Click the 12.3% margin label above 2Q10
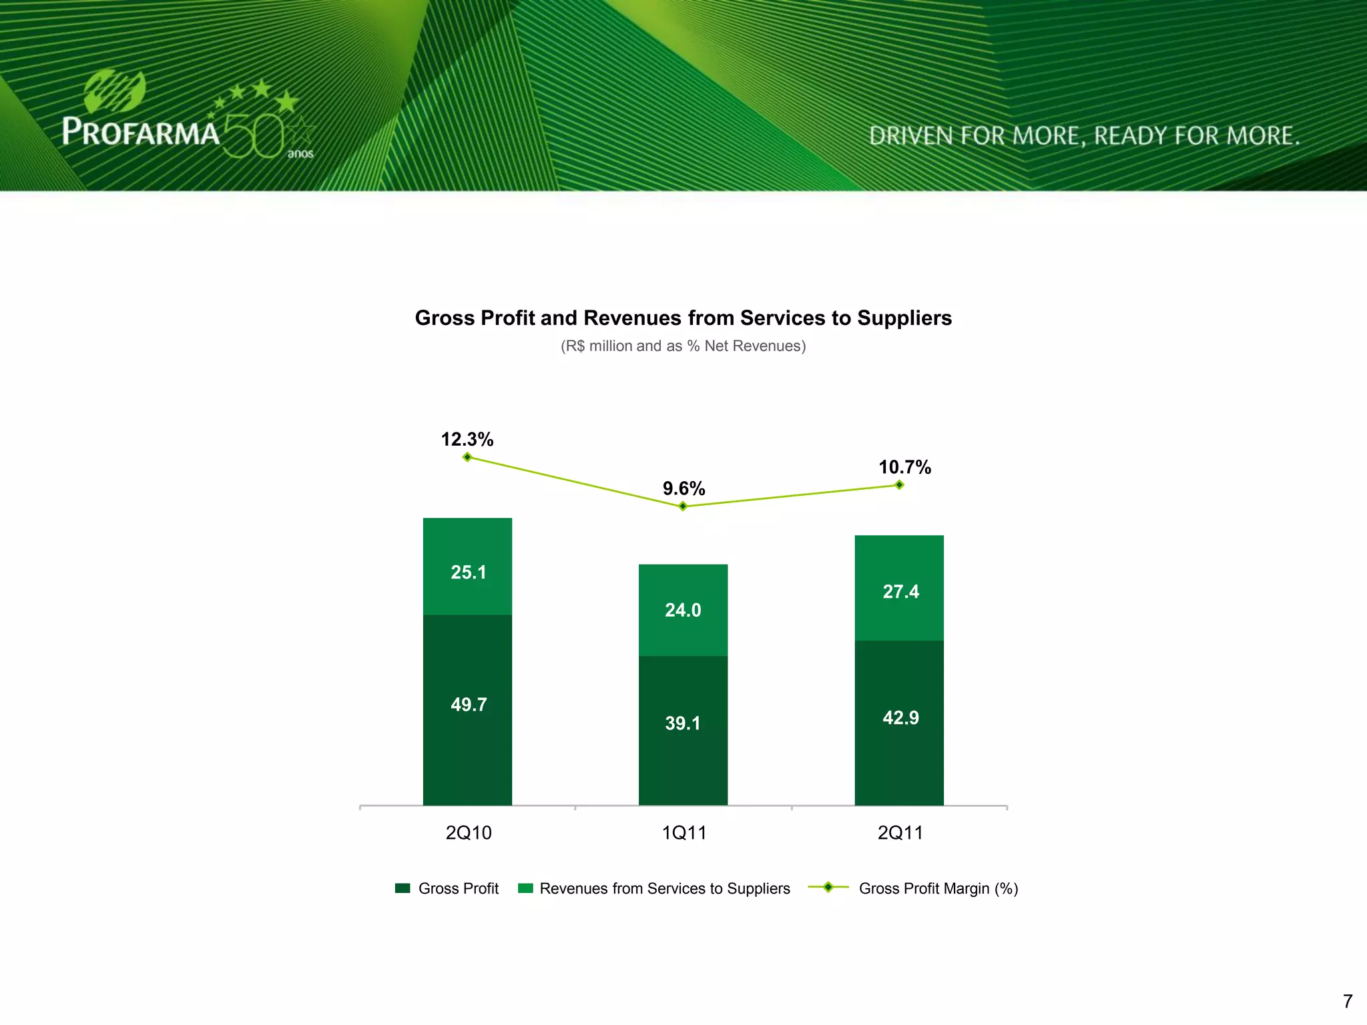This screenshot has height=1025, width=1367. (x=467, y=439)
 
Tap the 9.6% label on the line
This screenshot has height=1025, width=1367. (x=683, y=488)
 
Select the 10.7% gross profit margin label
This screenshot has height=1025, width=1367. (x=904, y=467)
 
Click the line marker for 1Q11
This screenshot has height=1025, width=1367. (x=683, y=506)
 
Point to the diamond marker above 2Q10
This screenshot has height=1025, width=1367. (x=467, y=457)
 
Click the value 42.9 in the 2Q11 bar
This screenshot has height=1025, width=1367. (x=900, y=718)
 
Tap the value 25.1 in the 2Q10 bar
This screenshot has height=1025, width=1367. (x=468, y=573)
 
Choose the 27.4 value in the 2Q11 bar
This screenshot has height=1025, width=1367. (x=900, y=592)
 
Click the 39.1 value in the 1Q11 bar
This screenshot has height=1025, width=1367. (x=683, y=723)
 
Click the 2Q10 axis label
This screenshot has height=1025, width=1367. (x=469, y=833)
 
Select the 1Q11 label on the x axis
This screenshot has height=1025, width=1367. (x=683, y=833)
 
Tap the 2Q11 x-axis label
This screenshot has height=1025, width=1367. (x=900, y=833)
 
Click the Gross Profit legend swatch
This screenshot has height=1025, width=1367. (x=402, y=888)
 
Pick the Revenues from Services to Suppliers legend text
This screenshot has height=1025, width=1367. (x=664, y=889)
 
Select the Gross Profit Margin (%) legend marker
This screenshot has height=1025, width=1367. (x=828, y=888)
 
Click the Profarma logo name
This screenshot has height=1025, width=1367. (x=141, y=132)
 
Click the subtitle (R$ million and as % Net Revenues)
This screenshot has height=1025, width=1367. (x=683, y=346)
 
